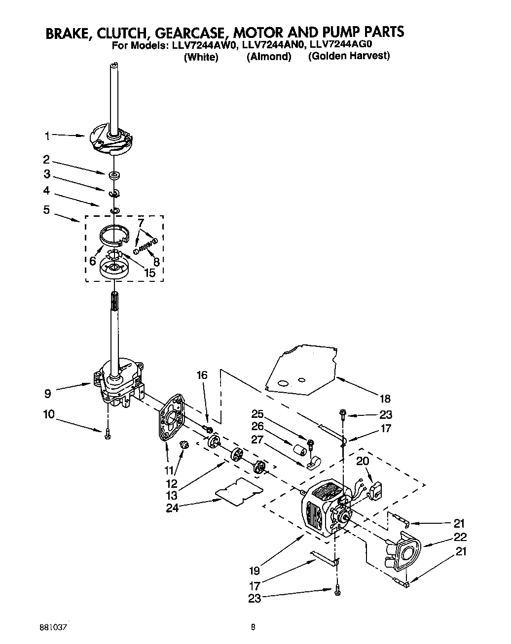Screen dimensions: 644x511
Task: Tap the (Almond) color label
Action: pyautogui.click(x=269, y=57)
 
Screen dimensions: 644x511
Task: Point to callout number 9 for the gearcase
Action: pyautogui.click(x=48, y=394)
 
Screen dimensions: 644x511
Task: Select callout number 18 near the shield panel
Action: pyautogui.click(x=385, y=399)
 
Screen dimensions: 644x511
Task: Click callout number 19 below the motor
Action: pyautogui.click(x=255, y=571)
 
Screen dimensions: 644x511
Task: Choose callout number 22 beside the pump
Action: pyautogui.click(x=460, y=537)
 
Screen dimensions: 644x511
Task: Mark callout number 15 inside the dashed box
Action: pyautogui.click(x=148, y=272)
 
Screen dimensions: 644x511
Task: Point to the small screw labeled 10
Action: pyautogui.click(x=108, y=434)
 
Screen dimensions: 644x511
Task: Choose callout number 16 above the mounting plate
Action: pyautogui.click(x=202, y=375)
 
